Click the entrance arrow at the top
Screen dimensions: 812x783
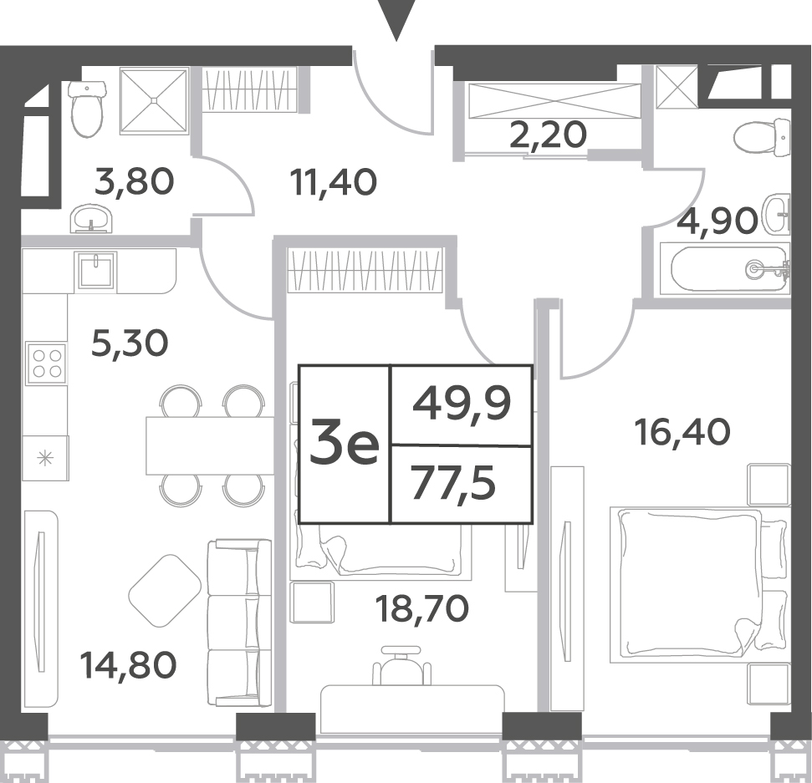click(x=396, y=18)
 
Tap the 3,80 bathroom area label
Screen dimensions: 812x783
click(x=134, y=182)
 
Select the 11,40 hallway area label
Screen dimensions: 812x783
click(x=333, y=183)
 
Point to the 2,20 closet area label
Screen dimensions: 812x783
click(x=549, y=135)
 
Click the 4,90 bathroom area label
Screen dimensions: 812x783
click(x=718, y=221)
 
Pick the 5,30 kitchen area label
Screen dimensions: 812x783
click(x=130, y=343)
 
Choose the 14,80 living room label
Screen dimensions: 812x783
click(x=128, y=664)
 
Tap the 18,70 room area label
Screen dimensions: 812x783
click(x=422, y=608)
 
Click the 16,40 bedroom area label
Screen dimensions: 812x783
click(x=682, y=432)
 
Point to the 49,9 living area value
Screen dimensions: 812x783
click(x=462, y=404)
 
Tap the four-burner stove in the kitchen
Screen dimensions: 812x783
click(x=47, y=364)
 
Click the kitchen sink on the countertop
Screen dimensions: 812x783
click(x=96, y=270)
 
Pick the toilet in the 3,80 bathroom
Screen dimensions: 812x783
click(x=87, y=108)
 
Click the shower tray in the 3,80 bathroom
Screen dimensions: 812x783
click(x=153, y=100)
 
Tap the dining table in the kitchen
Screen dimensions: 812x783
click(x=210, y=445)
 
